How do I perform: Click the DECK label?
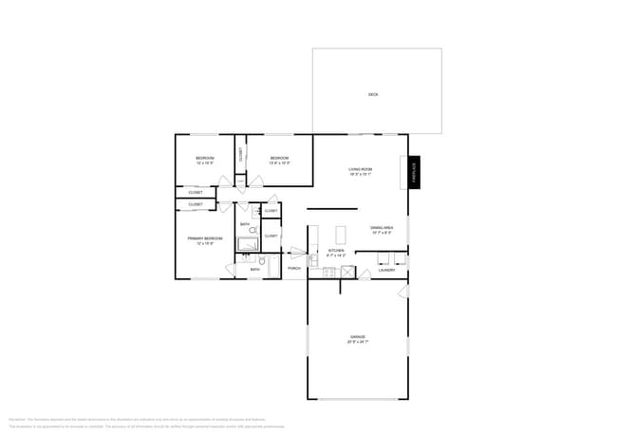373,94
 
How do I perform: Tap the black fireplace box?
414,172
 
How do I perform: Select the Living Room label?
360,172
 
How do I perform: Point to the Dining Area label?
383,231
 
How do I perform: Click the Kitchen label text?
337,254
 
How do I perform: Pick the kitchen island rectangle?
341,235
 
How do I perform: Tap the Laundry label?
386,270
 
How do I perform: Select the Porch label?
294,269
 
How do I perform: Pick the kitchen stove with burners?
328,274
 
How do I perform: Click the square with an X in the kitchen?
347,273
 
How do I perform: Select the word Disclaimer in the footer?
16,417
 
